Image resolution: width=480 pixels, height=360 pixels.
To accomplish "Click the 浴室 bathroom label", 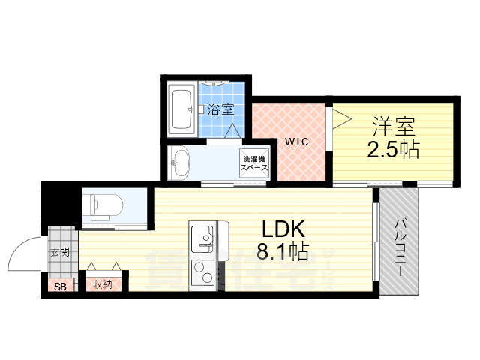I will [220, 109].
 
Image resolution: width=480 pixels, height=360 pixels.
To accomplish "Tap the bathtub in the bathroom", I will [183, 110].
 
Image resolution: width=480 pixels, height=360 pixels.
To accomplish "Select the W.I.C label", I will [293, 142].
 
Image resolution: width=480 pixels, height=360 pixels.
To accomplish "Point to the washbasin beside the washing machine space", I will [181, 163].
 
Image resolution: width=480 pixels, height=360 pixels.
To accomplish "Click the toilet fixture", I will [100, 203].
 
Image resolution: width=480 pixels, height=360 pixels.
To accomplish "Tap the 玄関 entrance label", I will [60, 252].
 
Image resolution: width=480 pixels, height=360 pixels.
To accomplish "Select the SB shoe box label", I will [58, 285].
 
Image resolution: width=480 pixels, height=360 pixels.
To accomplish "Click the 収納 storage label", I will [103, 284].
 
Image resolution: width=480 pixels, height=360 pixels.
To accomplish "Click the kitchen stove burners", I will [202, 273].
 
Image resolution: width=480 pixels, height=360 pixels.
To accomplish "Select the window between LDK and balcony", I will [374, 241].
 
